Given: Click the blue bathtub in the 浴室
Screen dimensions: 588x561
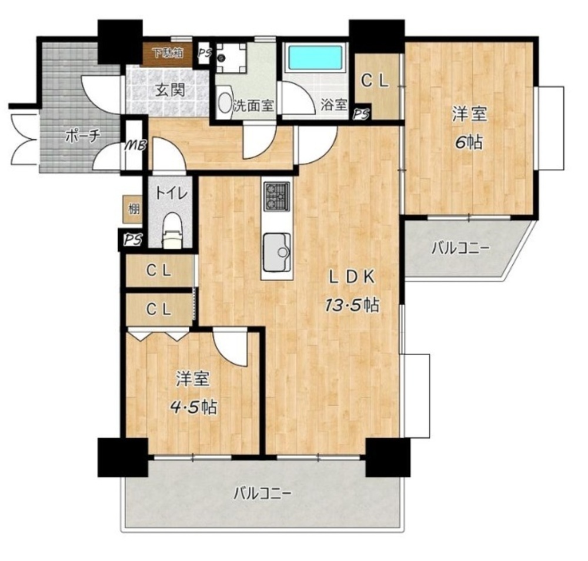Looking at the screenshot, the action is click(315, 58).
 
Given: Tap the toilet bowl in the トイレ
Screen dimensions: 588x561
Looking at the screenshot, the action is click(173, 231).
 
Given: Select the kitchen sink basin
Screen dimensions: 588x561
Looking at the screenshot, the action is click(277, 252).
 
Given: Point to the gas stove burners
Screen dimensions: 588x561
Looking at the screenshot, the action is click(277, 196).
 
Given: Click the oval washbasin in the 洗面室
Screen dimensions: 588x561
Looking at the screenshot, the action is click(225, 102).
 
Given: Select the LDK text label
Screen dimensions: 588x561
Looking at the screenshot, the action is click(352, 278).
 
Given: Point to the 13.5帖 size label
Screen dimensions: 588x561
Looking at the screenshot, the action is click(352, 306).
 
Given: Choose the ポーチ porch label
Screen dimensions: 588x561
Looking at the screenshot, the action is click(82, 136).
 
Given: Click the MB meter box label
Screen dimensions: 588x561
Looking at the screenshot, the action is click(135, 145).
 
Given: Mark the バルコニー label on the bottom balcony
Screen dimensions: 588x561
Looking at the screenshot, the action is click(262, 493).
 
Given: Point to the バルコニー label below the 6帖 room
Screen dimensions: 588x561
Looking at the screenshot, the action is click(460, 248).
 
